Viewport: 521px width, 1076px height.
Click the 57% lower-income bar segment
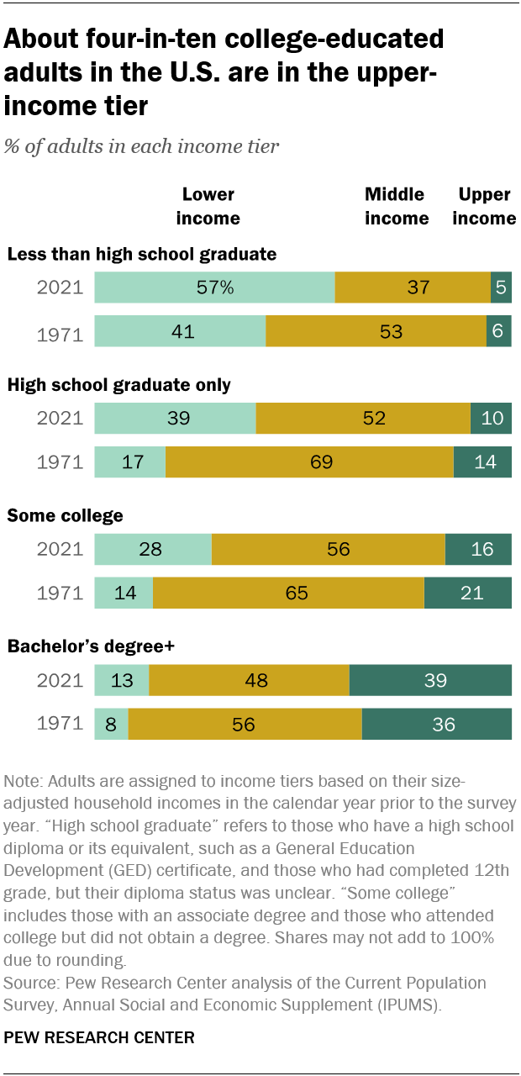(214, 287)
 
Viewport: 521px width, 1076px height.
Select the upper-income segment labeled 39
(430, 680)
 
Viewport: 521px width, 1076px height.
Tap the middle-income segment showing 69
(309, 462)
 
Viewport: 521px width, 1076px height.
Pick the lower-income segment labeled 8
(111, 724)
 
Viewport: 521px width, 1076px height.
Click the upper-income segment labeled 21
(468, 593)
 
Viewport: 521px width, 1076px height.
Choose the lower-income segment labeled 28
(153, 549)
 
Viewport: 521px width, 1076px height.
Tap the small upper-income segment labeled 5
(501, 287)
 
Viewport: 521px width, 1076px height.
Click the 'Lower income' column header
(208, 206)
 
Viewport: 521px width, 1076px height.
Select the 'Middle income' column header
(397, 206)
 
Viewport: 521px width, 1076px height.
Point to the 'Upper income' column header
(485, 206)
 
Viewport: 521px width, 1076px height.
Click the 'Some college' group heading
(65, 516)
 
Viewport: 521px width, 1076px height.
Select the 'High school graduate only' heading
(118, 385)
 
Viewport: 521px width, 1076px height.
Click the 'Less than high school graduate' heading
(141, 254)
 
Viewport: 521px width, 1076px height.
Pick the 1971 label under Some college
(60, 593)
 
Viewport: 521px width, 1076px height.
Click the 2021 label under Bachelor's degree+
(60, 680)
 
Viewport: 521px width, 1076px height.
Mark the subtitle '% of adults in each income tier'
(141, 146)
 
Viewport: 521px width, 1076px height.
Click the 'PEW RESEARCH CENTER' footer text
(99, 1038)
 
